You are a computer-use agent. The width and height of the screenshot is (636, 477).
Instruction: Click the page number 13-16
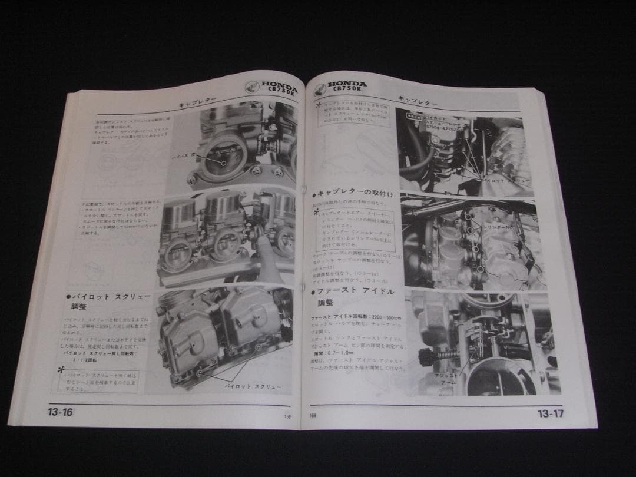[60, 412]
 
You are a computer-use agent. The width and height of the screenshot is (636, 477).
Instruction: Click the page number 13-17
[550, 413]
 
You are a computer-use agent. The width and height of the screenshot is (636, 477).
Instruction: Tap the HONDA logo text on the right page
[347, 84]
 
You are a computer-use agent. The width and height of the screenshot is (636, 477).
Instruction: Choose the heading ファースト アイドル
[356, 291]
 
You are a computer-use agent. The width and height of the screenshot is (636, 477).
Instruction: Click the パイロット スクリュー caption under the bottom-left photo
[253, 386]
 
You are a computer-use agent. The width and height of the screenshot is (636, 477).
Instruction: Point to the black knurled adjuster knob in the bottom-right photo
[425, 356]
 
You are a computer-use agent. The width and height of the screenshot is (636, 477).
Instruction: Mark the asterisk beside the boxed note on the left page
[61, 369]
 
